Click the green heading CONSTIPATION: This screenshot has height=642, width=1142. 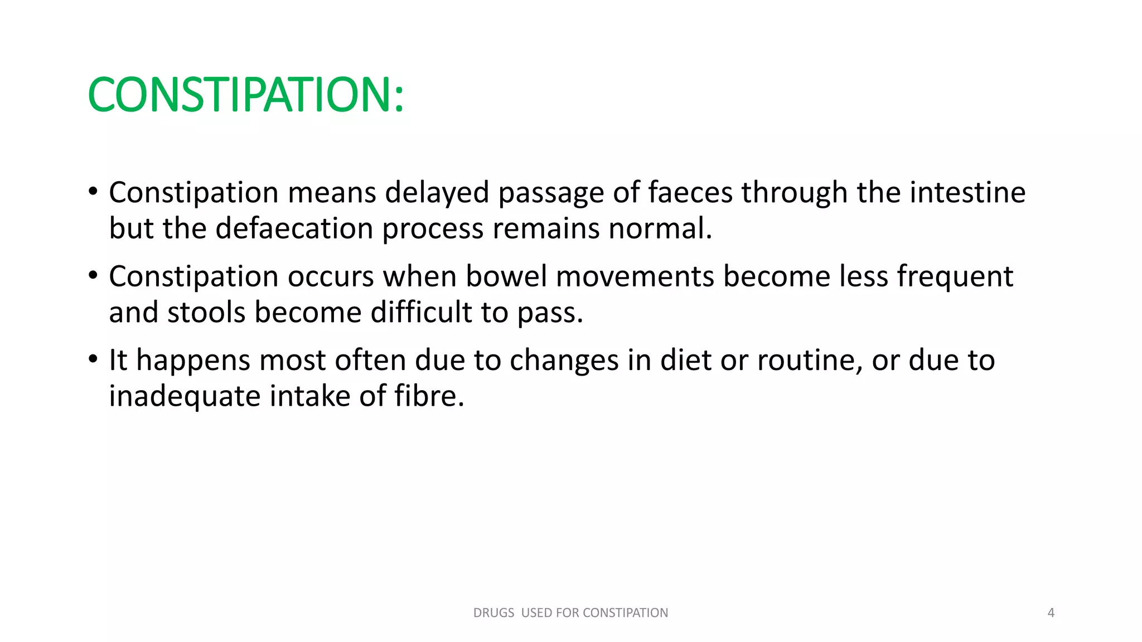(245, 95)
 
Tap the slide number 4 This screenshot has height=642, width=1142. (1051, 613)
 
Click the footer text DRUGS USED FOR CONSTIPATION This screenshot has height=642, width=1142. (570, 613)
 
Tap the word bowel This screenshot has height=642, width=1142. (506, 276)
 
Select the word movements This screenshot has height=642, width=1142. (635, 276)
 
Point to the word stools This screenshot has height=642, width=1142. (206, 312)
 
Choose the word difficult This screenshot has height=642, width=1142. (421, 312)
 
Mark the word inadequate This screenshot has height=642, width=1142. (185, 397)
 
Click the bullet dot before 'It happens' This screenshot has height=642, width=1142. (93, 358)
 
